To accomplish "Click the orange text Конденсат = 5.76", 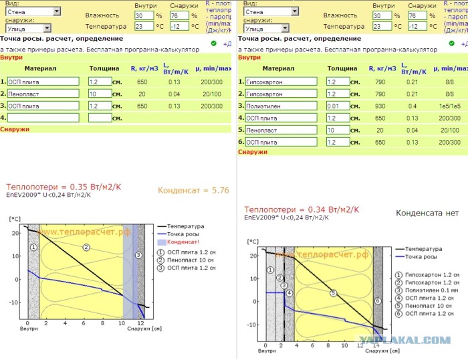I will [x=193, y=190].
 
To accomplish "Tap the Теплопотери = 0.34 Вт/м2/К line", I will [x=294, y=209].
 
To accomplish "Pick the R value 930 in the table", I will [x=378, y=106].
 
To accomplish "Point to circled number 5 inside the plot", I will [x=332, y=293].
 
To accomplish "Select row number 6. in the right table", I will [x=241, y=142].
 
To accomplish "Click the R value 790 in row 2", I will [x=378, y=94].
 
